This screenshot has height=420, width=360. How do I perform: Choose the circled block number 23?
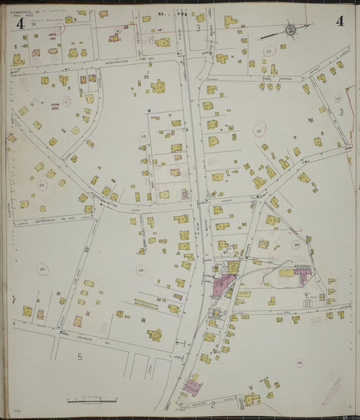(x=42, y=184)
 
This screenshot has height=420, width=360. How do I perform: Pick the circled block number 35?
(x=43, y=269)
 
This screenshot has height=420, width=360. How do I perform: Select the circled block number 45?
(x=300, y=363)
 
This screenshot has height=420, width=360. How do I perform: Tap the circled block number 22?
(x=268, y=51)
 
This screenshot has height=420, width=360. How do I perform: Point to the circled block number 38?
(x=296, y=244)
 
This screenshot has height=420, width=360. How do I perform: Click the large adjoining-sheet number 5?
(x=79, y=356)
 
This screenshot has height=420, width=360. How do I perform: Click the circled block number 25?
(x=143, y=137)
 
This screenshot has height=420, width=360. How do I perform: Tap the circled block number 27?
(x=338, y=99)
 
